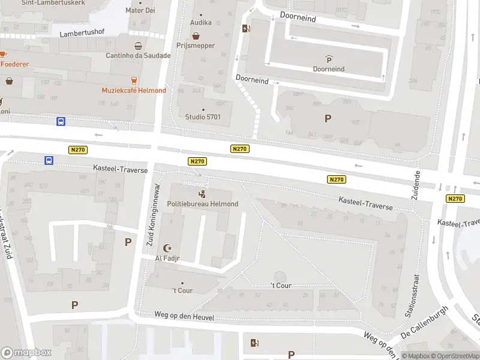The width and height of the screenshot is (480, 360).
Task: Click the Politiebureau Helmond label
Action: click(x=203, y=204)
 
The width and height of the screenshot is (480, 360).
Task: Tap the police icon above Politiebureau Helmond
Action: click(x=203, y=194)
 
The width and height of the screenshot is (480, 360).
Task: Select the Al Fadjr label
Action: click(x=167, y=258)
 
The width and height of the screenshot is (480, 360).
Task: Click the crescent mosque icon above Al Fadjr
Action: click(x=167, y=248)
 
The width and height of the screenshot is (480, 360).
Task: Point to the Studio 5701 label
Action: click(x=203, y=116)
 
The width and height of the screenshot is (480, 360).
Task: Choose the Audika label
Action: click(x=201, y=23)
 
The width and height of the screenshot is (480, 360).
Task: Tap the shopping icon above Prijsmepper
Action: click(x=196, y=35)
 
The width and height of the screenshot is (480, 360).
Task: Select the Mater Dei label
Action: click(x=140, y=11)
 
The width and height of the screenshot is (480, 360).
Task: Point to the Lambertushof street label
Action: click(x=82, y=34)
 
